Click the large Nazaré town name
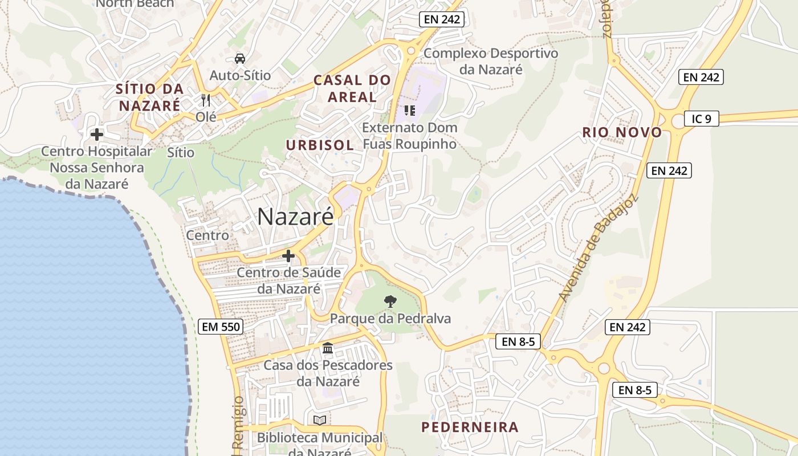(x=295, y=217)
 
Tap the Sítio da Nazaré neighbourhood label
(x=150, y=97)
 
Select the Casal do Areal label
(x=352, y=88)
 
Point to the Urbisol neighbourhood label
(x=320, y=145)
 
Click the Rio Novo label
(x=622, y=132)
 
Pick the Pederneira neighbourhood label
(x=470, y=427)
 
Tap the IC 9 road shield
(x=701, y=119)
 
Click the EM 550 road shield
(x=221, y=327)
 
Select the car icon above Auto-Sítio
(x=240, y=58)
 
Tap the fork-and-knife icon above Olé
(x=206, y=100)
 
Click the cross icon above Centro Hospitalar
(x=97, y=135)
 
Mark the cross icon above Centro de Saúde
(x=288, y=256)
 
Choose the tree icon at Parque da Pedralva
(x=390, y=301)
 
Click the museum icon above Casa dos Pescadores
(x=328, y=348)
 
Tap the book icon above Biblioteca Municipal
(x=320, y=420)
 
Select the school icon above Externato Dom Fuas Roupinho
(x=409, y=110)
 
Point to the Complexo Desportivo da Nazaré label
(x=491, y=61)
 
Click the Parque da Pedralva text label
(x=390, y=318)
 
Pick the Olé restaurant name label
(x=206, y=116)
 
